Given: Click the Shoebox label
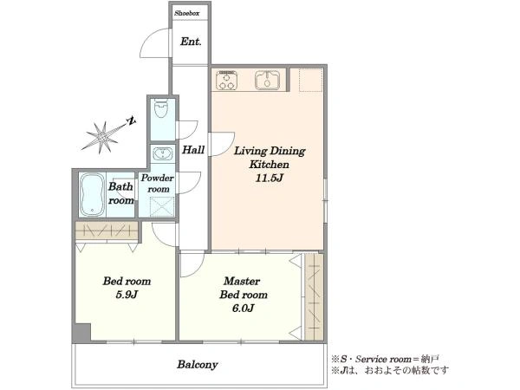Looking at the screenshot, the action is coord(187,14).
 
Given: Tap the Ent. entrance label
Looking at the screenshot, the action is coord(191,42).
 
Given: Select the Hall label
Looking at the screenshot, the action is coord(193,150).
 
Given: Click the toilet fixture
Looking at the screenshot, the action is coord(161,108).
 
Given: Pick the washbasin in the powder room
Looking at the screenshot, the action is coord(162,154).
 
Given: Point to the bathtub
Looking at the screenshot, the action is coord(92,195).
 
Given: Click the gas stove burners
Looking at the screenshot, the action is coord(226,81).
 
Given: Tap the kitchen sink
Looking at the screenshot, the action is coord(267,80).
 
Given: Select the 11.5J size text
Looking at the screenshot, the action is coord(269,178).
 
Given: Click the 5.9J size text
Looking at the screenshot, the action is coord(127,295).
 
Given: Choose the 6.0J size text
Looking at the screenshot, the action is coord(243,309).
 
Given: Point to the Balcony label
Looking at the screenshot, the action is coord(198,365).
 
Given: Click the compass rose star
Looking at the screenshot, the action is coord(102,137).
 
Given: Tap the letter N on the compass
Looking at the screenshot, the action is coord(132,121).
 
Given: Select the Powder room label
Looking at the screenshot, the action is coord(157,184).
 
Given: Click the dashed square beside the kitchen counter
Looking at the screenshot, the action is coord(311,80).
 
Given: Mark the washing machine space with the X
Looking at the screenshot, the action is coord(162,207).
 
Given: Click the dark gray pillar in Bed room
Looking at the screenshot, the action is coord(81,333).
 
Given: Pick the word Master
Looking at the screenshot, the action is coord(242,281).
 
